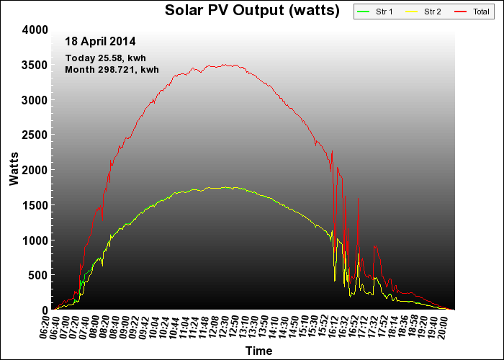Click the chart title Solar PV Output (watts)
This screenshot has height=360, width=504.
click(x=252, y=10)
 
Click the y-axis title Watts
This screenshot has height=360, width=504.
click(x=14, y=170)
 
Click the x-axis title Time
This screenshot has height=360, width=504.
click(x=258, y=351)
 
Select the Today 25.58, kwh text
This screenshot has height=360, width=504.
click(x=105, y=58)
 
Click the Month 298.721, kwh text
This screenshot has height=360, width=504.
click(x=112, y=70)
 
